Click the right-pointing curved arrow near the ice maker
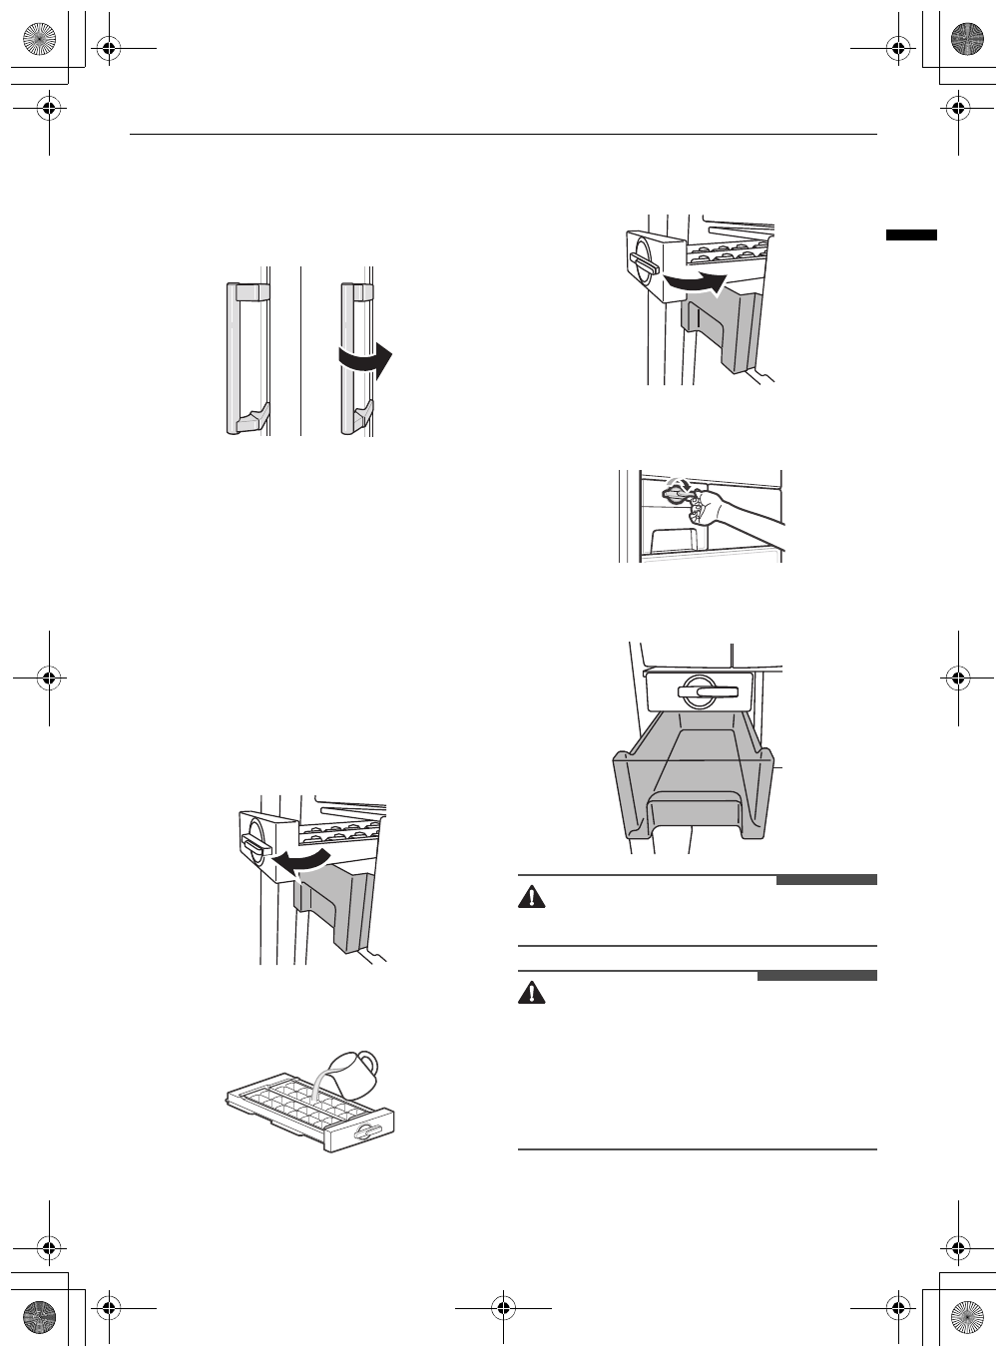tap(696, 283)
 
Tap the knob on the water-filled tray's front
tap(366, 1131)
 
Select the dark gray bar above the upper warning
tap(826, 880)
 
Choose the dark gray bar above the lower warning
tap(816, 976)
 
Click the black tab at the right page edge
tap(911, 234)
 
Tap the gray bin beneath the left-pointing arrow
tap(335, 908)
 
